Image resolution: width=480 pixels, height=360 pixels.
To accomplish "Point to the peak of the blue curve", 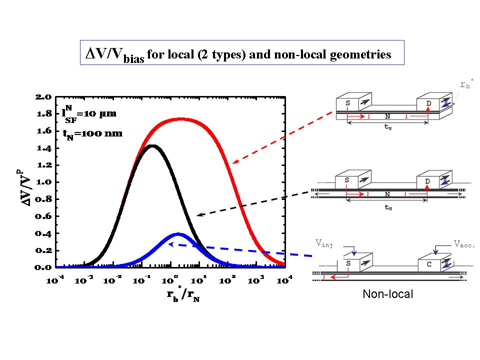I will [x=178, y=234].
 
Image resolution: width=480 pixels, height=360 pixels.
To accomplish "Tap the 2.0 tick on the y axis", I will [x=42, y=97].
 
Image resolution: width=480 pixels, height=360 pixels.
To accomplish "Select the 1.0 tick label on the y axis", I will [x=42, y=182].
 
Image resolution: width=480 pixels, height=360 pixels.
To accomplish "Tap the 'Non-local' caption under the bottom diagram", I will [x=388, y=294].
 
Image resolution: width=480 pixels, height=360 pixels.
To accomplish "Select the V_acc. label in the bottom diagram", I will [x=464, y=244].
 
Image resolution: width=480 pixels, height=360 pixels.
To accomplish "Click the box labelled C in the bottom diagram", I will [x=429, y=265].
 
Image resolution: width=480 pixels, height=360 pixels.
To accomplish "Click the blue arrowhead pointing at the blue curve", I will [x=171, y=244].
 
